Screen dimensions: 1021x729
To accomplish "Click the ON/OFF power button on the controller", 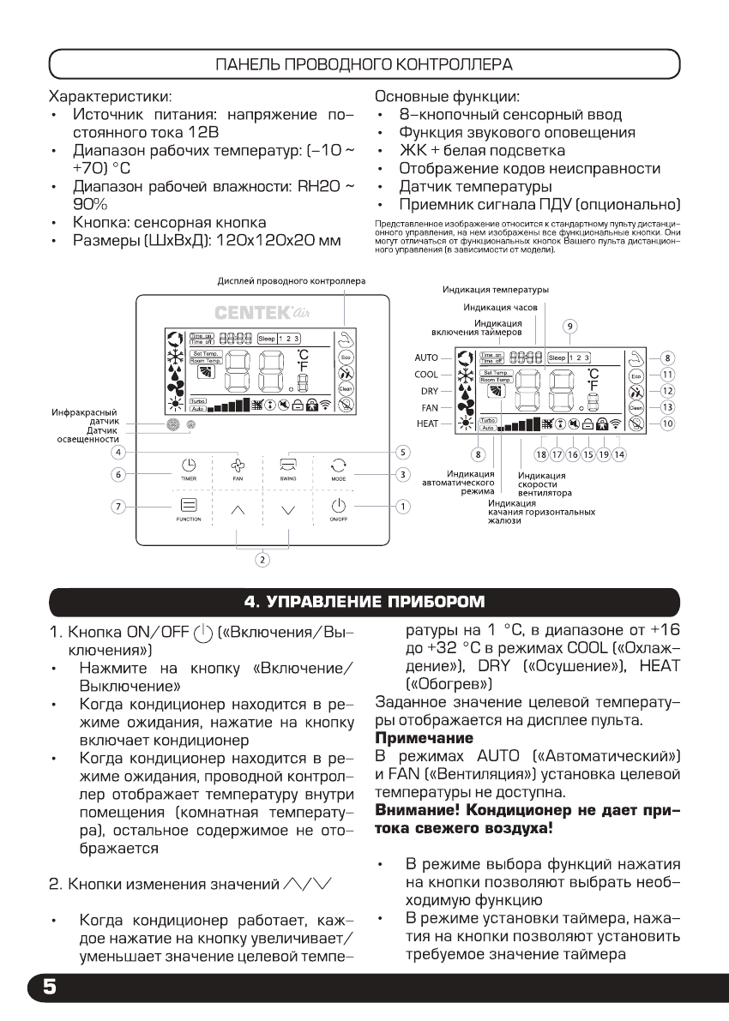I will point(337,507).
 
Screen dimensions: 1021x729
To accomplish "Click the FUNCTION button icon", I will point(189,507).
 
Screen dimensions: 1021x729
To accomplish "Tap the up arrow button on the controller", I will point(238,509).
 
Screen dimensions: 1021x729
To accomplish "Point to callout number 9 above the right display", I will point(569,326).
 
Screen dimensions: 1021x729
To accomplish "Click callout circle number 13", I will point(666,407).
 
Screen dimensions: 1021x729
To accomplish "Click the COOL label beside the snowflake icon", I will point(426,375).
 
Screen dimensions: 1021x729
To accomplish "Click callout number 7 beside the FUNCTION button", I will point(117,506).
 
